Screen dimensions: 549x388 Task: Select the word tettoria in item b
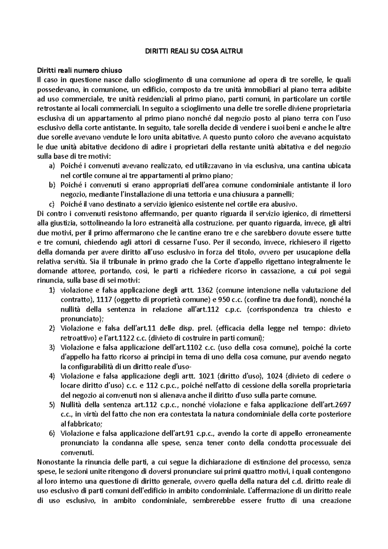194,195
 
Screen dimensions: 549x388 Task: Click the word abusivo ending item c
285,204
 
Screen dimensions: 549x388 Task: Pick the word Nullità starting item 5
71,405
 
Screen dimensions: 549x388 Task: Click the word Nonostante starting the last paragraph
53,462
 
